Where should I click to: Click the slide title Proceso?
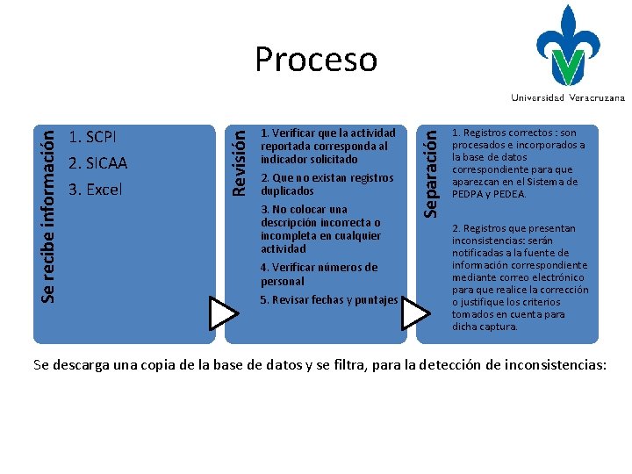[x=316, y=60]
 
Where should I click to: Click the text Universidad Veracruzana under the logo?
[x=568, y=97]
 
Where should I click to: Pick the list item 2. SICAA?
[x=97, y=163]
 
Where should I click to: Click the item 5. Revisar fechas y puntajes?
[x=329, y=300]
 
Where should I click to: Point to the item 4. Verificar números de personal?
[x=319, y=274]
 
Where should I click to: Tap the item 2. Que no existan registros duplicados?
[x=327, y=184]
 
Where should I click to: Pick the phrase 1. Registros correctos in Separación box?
[x=492, y=133]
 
